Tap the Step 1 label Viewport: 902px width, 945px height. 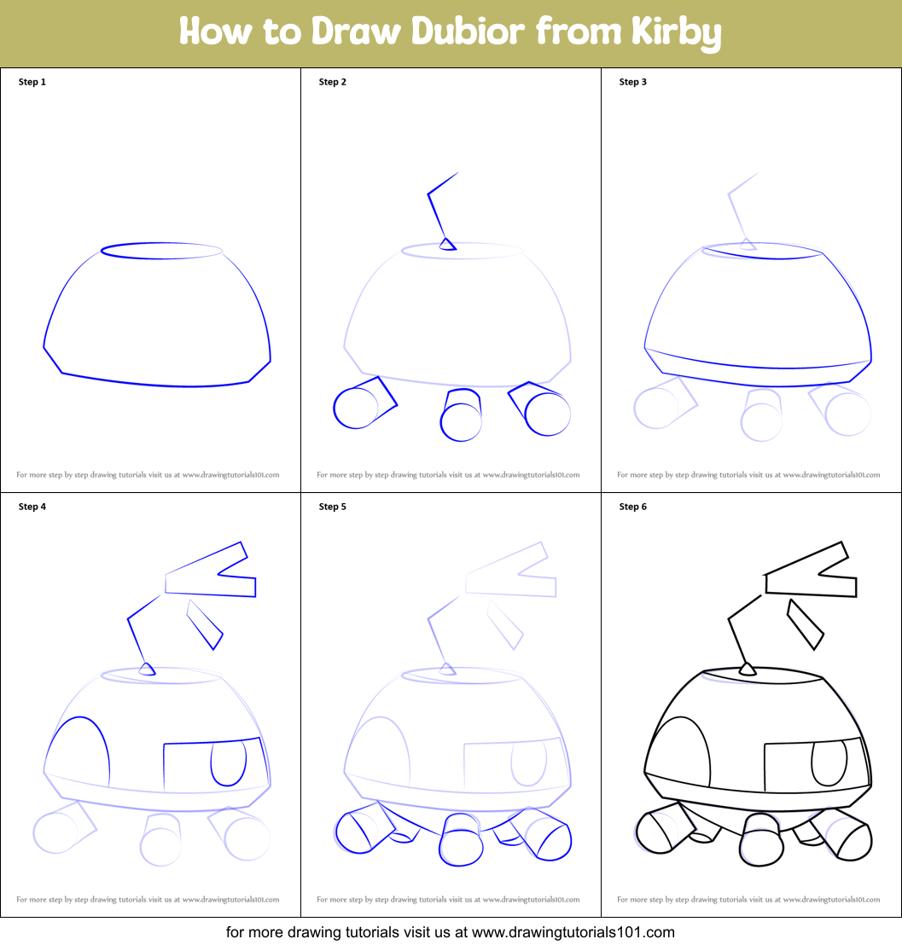32,82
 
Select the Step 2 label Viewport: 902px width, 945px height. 333,82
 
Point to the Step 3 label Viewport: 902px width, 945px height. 633,82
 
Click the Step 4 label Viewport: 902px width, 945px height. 32,507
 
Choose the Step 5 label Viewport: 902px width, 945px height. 333,507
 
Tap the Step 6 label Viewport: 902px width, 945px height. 633,507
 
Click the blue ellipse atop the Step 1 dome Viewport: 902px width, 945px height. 161,250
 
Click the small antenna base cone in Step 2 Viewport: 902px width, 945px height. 446,245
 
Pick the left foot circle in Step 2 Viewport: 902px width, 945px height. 355,409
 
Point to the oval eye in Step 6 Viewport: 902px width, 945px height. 829,762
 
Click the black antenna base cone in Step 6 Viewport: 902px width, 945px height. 748,670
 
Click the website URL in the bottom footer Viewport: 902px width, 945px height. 573,932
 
